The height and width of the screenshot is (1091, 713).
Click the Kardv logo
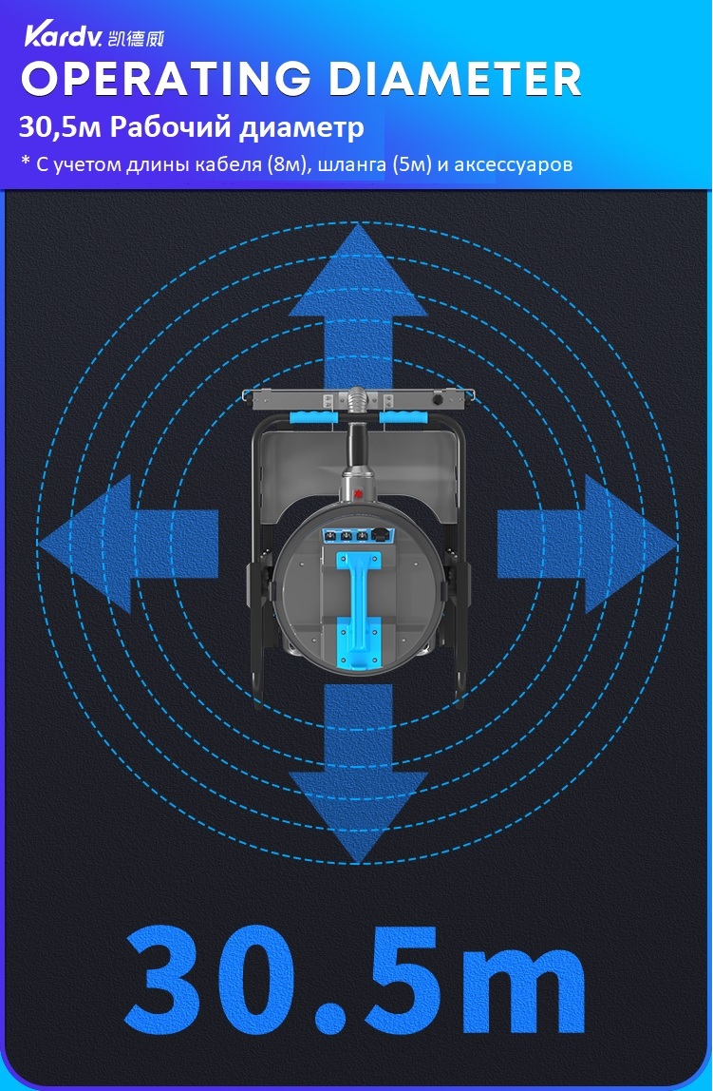click(64, 35)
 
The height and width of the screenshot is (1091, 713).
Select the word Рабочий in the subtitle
click(159, 128)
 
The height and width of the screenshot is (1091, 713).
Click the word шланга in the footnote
click(351, 165)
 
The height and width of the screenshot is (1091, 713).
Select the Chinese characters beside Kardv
click(136, 39)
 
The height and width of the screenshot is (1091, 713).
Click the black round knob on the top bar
click(438, 401)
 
